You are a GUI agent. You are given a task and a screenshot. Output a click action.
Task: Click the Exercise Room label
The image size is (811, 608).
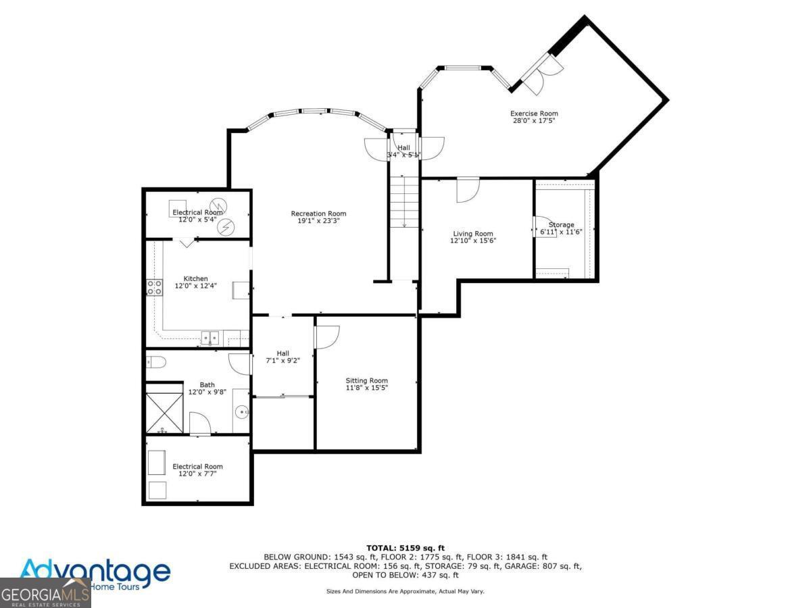click(x=534, y=113)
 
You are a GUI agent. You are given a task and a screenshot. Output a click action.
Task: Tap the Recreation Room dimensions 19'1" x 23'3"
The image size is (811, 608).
click(x=318, y=221)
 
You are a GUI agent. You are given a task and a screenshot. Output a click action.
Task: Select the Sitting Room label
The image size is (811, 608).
click(x=367, y=380)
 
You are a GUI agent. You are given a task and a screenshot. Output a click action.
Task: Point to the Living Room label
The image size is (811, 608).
click(x=473, y=234)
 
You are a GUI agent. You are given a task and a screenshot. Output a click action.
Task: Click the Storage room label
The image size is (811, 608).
click(x=561, y=225)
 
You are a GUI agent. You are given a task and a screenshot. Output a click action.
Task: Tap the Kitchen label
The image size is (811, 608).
click(x=195, y=278)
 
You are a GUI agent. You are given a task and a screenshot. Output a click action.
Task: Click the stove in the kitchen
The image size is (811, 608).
click(x=154, y=287)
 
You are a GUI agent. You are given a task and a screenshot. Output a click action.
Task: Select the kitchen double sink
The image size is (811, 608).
click(x=210, y=337)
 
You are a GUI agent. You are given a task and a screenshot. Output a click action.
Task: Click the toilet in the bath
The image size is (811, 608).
click(x=155, y=363)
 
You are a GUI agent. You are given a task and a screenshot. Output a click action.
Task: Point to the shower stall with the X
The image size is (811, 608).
click(x=165, y=409)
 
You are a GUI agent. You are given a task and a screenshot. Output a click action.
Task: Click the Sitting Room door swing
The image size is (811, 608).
click(x=326, y=336)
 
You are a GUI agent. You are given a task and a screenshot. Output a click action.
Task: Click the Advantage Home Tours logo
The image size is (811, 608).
click(x=95, y=574)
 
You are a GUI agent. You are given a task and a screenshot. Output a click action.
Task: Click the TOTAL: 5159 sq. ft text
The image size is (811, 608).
click(x=405, y=547)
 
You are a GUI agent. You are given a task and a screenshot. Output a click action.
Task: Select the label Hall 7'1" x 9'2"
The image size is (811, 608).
click(x=282, y=357)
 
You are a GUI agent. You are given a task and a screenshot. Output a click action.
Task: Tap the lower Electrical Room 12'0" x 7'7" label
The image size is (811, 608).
click(x=197, y=470)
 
